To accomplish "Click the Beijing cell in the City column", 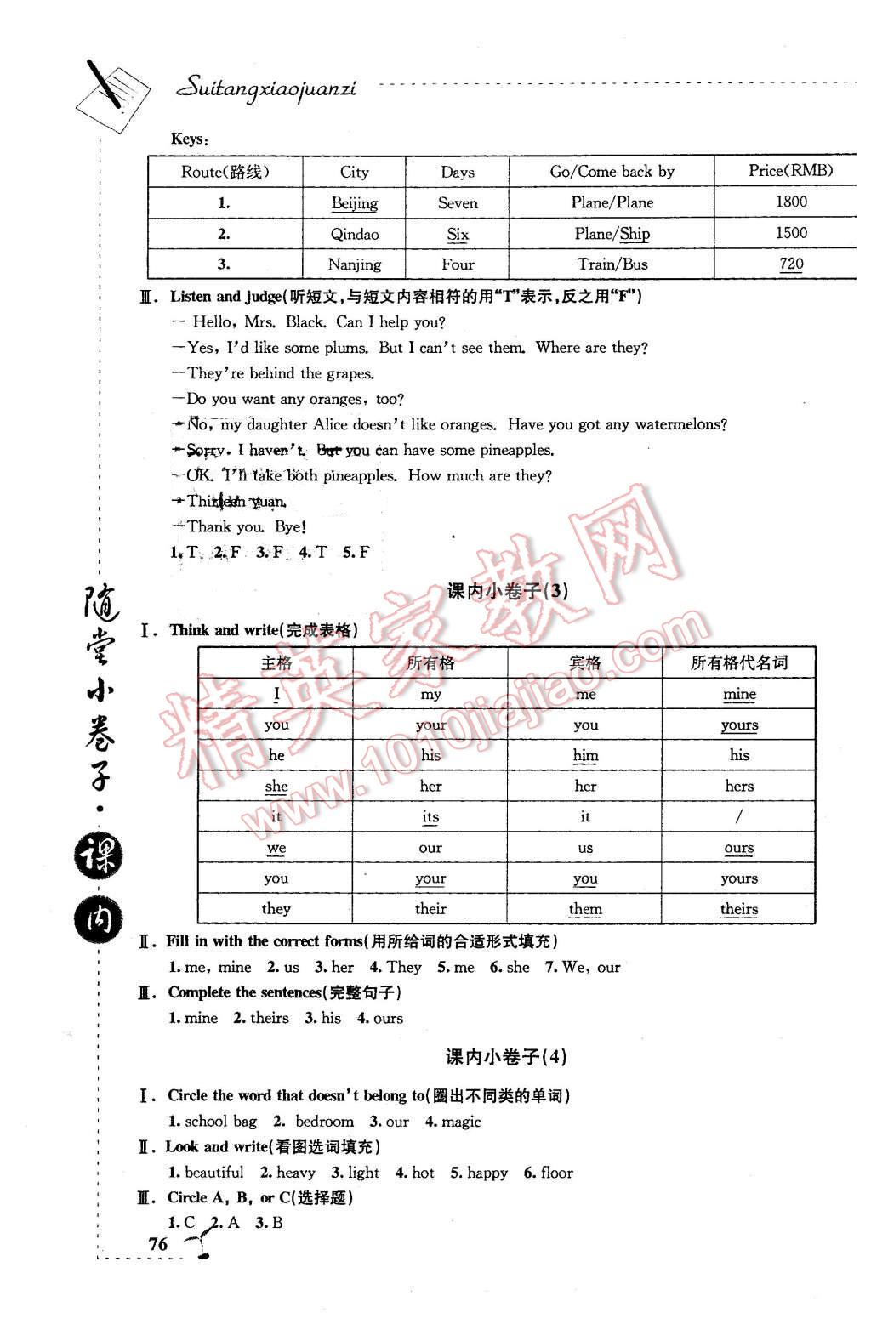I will pos(355,203).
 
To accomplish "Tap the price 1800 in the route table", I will pos(791,202).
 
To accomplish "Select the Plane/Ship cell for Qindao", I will pos(612,234).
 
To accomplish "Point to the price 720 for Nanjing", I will pos(791,264).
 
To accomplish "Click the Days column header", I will pos(457,172).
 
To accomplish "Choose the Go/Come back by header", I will pos(612,172).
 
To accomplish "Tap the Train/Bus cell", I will pos(612,264).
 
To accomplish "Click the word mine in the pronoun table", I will pos(739,694).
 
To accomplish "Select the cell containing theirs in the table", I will pos(739,909).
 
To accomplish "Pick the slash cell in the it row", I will pos(739,816).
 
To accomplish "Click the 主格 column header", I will pos(276,663).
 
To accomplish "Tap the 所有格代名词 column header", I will pos(739,663).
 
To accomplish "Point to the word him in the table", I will pos(585,755).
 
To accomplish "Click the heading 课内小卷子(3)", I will pos(507,592).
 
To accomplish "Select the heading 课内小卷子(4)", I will pos(506,1057).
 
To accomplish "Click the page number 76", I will pos(158,1243).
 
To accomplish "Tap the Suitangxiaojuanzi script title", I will pos(266,88).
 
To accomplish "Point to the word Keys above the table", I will pos(188,139).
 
